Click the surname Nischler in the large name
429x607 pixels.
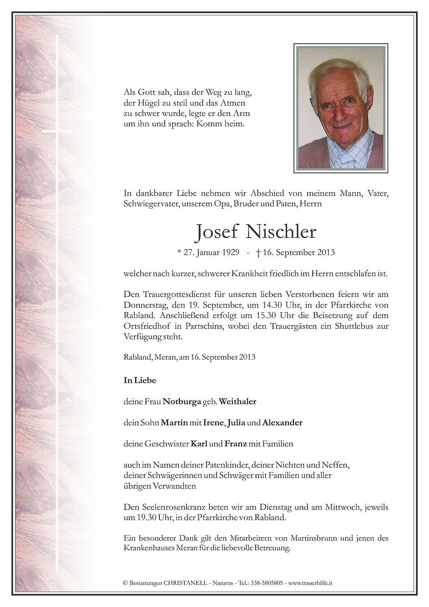[x=280, y=232]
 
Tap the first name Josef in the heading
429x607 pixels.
[x=216, y=232]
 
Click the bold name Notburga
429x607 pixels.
[x=182, y=402]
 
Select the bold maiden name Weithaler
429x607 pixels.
[x=238, y=402]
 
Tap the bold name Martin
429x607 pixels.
[x=174, y=423]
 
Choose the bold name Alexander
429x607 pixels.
[x=282, y=423]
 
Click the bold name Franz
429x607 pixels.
[x=236, y=444]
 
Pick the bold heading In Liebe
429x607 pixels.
[x=140, y=380]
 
